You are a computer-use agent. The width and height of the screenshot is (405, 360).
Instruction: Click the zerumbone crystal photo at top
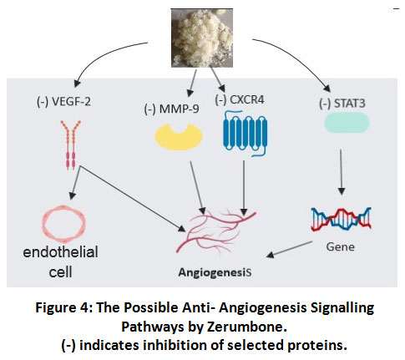202,38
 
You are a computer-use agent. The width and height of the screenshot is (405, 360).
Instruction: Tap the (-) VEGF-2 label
63,102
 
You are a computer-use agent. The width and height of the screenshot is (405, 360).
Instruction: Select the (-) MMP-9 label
171,109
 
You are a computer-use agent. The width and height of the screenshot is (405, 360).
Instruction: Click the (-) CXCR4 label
240,99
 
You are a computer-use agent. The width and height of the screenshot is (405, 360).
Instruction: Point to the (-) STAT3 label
342,104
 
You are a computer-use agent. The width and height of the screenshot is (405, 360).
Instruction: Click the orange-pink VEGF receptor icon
70,145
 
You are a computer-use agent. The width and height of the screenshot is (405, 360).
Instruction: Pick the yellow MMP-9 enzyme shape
179,137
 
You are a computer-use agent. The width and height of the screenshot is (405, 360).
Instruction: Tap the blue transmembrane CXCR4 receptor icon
245,133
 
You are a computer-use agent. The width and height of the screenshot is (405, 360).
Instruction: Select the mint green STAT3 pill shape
347,122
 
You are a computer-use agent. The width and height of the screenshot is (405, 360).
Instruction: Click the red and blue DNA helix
341,219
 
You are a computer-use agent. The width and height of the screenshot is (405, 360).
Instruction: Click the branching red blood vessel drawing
215,231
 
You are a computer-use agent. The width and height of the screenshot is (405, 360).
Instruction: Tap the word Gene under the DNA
341,247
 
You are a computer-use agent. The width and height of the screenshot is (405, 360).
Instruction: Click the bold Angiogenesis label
215,272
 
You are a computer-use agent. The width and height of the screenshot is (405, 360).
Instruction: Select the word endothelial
60,252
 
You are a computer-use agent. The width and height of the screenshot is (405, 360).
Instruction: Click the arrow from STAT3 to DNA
342,172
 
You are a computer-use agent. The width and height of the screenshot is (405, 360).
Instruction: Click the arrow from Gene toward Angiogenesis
289,250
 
